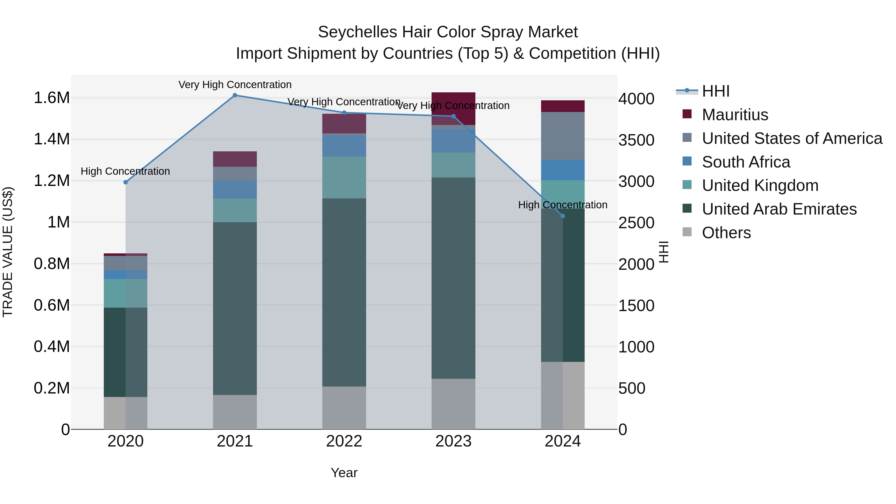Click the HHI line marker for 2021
coord(235,95)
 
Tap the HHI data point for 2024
coord(563,216)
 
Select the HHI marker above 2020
coord(126,182)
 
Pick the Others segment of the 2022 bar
coord(344,408)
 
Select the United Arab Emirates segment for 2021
coord(235,308)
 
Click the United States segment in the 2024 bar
coord(562,136)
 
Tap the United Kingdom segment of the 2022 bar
coord(344,177)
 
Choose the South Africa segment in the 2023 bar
coord(453,141)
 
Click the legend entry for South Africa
coord(746,162)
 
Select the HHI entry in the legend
coord(715,91)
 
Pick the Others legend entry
coord(726,233)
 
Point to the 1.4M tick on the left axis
coord(52,139)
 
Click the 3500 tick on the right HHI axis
coord(636,140)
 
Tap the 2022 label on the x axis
coord(344,441)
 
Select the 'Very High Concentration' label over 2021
coord(235,85)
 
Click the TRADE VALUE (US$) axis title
coord(8,252)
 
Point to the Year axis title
coord(344,473)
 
